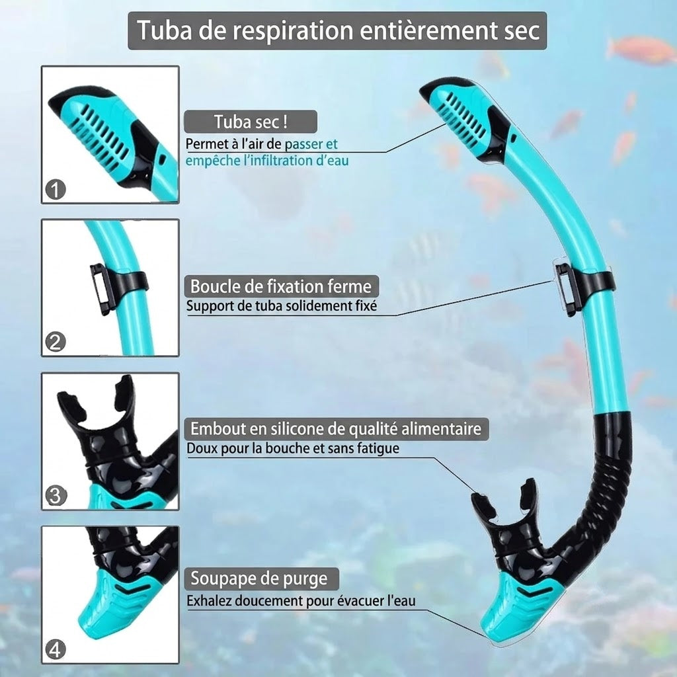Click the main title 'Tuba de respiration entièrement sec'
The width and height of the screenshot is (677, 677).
click(x=338, y=30)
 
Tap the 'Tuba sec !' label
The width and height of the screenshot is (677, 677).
click(x=251, y=122)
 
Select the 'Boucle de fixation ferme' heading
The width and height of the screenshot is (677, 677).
click(x=280, y=286)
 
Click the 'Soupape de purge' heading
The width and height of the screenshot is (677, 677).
click(x=259, y=578)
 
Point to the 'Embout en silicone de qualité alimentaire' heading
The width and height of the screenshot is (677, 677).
click(x=336, y=428)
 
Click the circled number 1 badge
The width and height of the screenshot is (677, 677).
click(x=56, y=189)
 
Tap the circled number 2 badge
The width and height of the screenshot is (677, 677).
click(x=56, y=342)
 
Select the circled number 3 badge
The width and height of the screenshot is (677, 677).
click(x=56, y=496)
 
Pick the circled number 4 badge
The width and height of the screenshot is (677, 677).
click(x=56, y=649)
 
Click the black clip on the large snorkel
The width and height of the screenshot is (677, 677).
click(x=580, y=283)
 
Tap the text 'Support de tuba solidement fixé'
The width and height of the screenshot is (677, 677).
click(x=282, y=306)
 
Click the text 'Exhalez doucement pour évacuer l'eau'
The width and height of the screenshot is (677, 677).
click(x=301, y=600)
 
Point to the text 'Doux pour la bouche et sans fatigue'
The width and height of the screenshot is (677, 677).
click(x=293, y=448)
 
